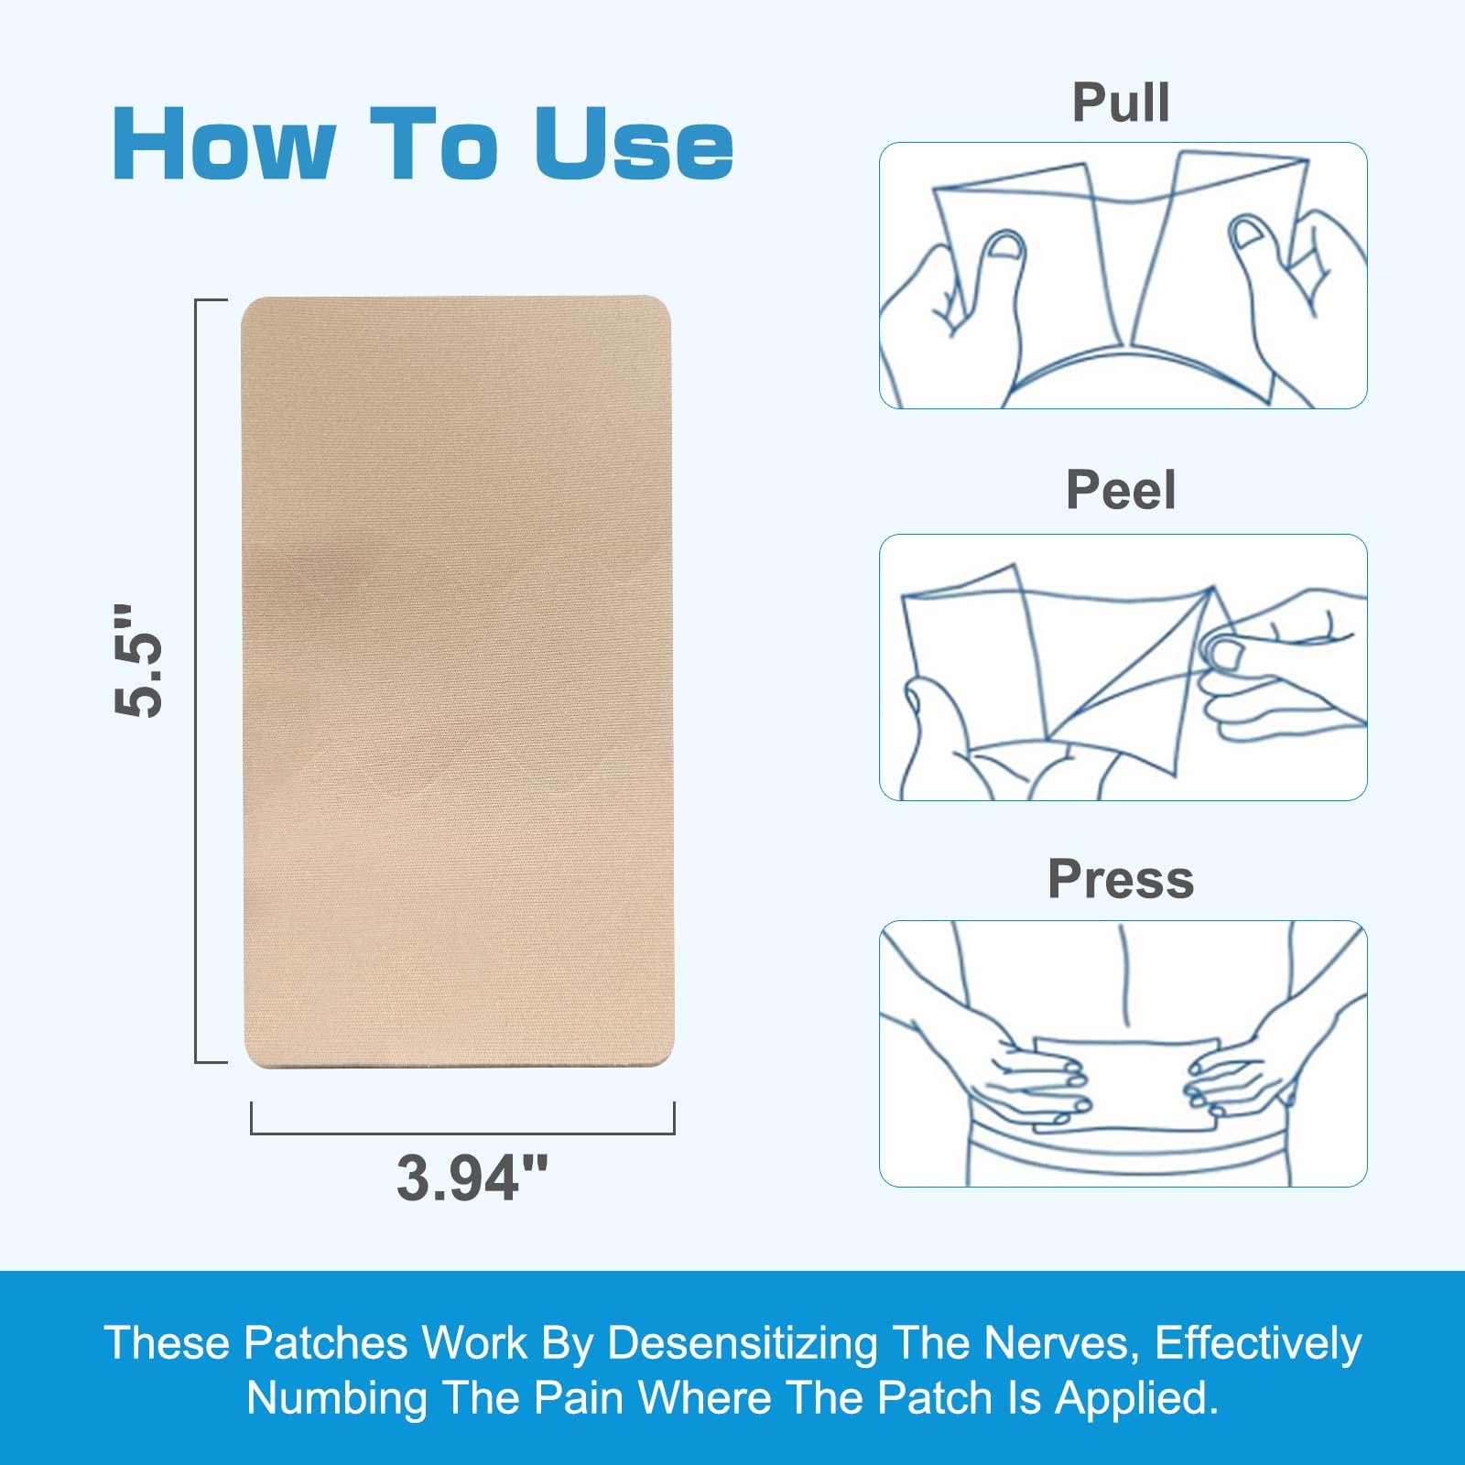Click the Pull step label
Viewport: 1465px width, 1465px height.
click(1121, 103)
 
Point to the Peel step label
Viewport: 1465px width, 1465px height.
click(1121, 490)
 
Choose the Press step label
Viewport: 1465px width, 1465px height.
click(1121, 879)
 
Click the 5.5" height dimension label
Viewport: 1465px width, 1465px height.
click(138, 660)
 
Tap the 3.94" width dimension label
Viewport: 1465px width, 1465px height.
click(472, 1177)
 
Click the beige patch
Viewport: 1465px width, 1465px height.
click(457, 681)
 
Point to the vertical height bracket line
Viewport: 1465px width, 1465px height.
click(196, 681)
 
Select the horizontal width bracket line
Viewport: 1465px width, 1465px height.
click(462, 1134)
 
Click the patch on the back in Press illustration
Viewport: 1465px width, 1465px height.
click(1127, 1085)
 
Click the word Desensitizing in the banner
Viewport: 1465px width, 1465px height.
click(743, 1343)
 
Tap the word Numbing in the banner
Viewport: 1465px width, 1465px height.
click(337, 1398)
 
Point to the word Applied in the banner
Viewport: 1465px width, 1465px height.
click(1136, 1398)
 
